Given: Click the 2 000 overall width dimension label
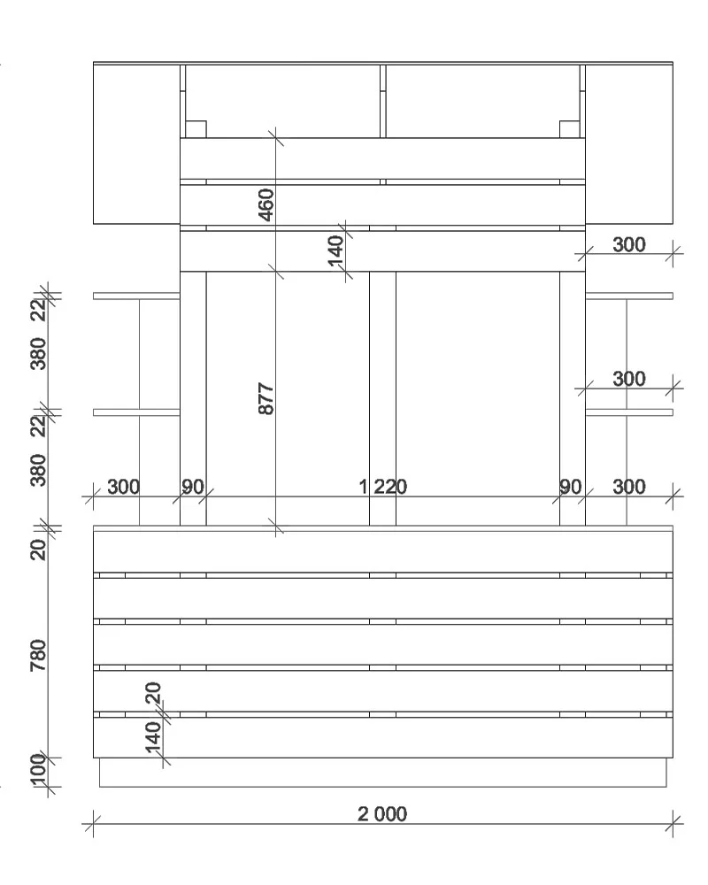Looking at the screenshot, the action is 382,814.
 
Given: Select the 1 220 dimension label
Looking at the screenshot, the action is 383,486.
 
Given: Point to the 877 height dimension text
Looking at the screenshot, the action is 265,398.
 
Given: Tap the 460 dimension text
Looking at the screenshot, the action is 265,205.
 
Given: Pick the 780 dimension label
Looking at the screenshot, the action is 38,655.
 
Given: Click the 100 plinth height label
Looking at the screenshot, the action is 38,770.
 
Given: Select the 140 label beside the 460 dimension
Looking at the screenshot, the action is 335,250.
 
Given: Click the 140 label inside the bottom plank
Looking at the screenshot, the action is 153,737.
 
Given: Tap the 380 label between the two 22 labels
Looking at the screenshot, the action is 38,354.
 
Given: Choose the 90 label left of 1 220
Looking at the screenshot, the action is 193,486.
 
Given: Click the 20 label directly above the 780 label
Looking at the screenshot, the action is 38,550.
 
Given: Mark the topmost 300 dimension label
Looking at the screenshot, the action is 629,244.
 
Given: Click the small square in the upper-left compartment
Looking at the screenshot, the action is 196,128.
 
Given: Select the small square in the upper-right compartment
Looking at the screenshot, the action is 570,128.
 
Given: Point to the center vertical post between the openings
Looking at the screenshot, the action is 383,398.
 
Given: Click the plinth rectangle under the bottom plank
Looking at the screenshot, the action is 383,772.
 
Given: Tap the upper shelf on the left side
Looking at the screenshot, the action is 136,296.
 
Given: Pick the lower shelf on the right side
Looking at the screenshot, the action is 629,412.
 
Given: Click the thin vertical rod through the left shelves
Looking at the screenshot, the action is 140,412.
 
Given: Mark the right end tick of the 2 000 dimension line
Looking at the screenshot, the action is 673,824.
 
